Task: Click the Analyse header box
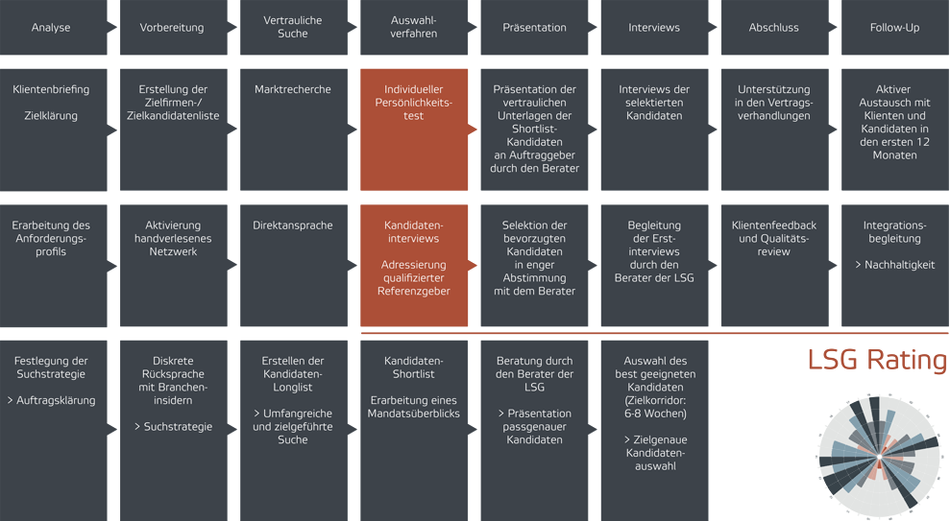coord(54,27)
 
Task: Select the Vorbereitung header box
coord(173,27)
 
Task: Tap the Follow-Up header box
coord(895,27)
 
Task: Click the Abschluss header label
coord(773,28)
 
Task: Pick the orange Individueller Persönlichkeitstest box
coord(414,130)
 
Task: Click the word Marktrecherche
coord(293,89)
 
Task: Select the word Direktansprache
coord(293,225)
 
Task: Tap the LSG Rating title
coord(877,360)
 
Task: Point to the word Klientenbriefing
coord(51,89)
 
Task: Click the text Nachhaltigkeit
coord(900,265)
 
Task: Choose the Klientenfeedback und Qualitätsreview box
coord(775,265)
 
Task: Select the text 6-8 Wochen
coord(655,414)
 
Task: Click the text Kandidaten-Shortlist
coord(413,367)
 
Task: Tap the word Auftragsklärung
coord(56,400)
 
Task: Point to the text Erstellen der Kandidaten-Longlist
coord(293,374)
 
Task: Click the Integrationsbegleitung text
coord(895,232)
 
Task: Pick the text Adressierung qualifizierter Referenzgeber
coord(414,278)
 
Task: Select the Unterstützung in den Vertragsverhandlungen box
coord(775,130)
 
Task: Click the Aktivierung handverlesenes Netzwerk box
coord(173,265)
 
